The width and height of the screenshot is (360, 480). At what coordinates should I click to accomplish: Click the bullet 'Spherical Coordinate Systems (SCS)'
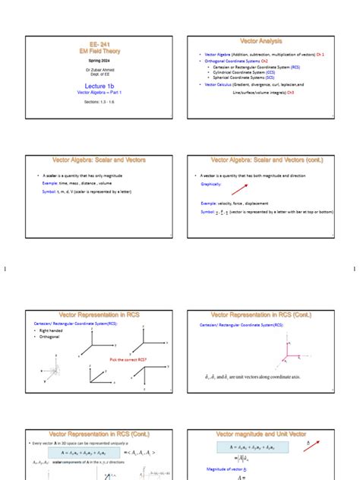point(244,77)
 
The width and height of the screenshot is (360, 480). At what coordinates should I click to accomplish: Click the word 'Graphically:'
point(211,184)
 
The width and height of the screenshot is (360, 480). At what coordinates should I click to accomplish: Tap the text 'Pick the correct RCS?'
point(128,359)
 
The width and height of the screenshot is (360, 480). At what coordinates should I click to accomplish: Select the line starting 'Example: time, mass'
point(77,183)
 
